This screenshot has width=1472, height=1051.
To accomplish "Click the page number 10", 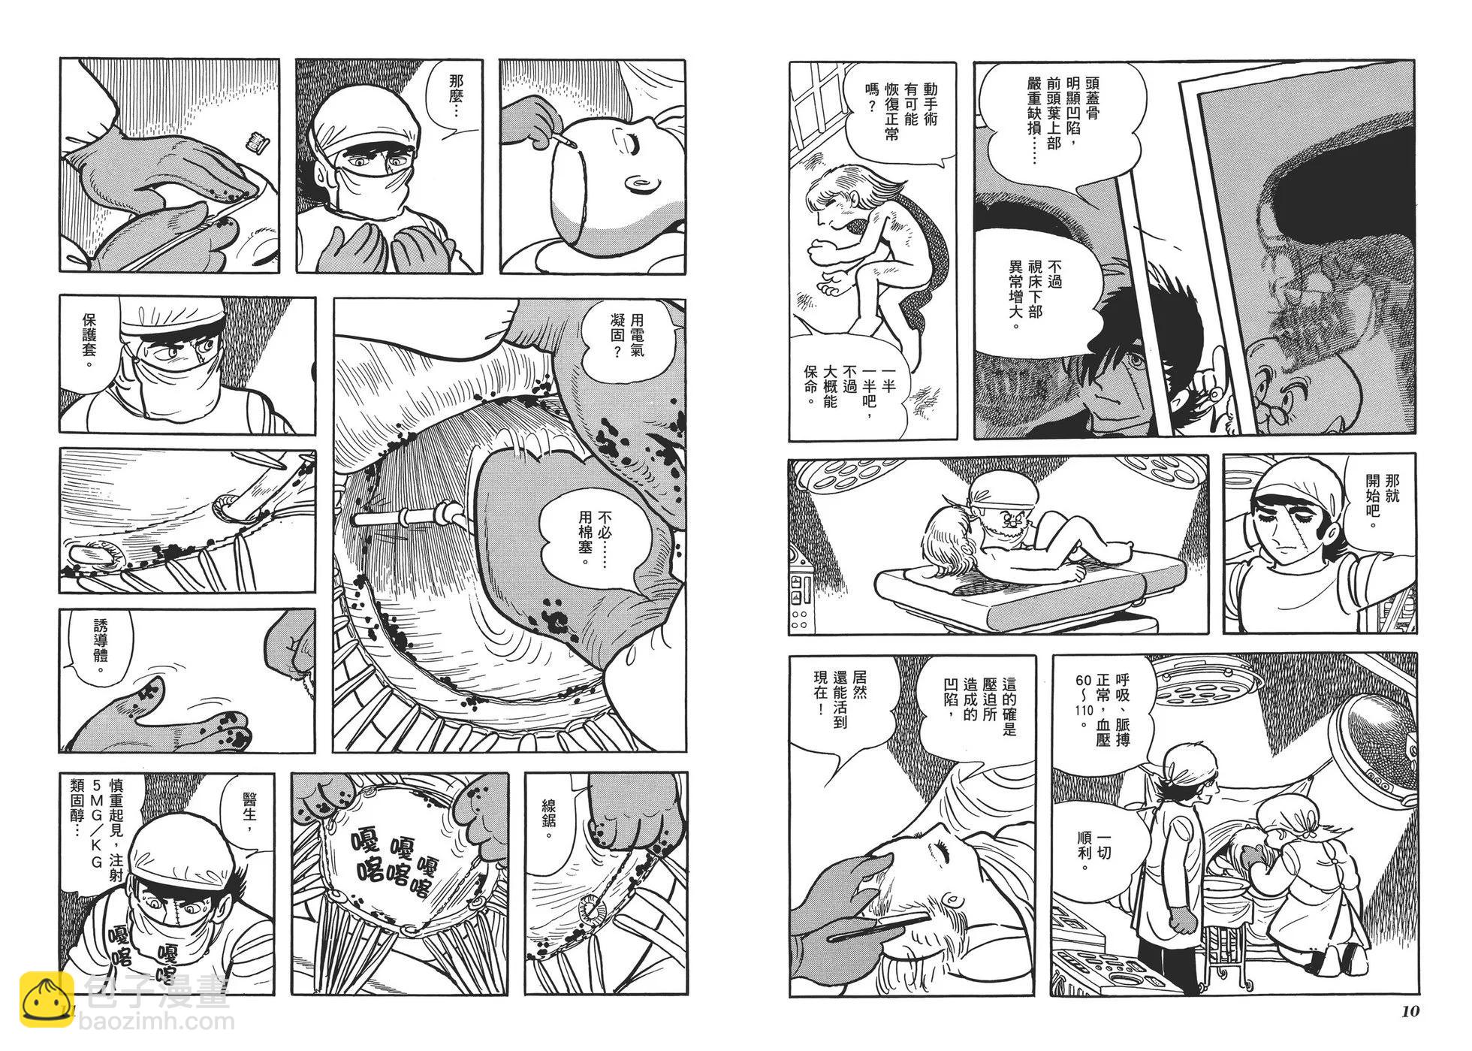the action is (1410, 1010).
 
